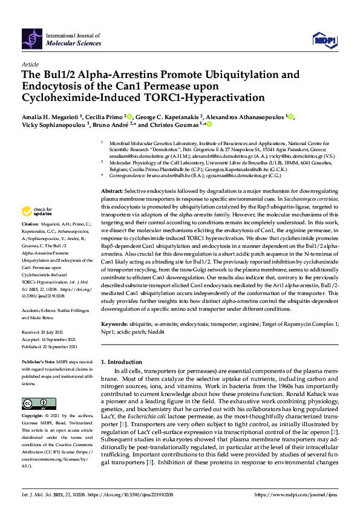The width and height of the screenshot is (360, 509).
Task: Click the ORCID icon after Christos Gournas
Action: tap(209, 125)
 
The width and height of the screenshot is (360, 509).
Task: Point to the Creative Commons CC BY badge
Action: tap(34, 404)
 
